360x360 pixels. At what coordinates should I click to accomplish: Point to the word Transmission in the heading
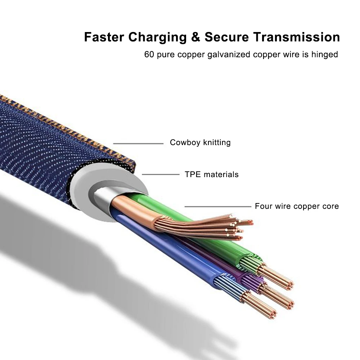(x=296, y=37)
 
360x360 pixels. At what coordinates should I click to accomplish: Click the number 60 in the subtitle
(x=149, y=55)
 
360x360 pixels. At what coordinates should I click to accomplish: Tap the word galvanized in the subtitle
(x=228, y=55)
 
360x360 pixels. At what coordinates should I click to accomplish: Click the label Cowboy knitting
(x=200, y=143)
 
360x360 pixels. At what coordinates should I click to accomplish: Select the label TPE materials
(x=212, y=175)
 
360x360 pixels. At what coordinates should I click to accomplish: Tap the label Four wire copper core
(x=297, y=206)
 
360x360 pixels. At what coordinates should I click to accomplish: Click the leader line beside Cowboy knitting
(x=138, y=144)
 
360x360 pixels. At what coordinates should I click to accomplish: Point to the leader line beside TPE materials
(x=161, y=175)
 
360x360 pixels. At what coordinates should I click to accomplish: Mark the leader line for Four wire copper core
(x=218, y=207)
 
